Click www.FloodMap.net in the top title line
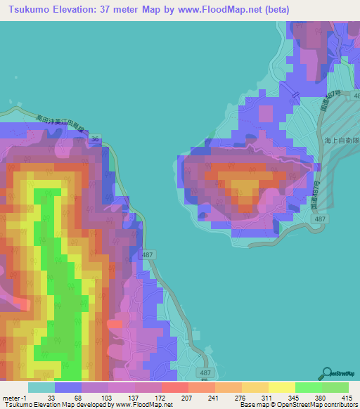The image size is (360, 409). pos(210,10)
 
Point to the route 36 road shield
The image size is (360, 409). pos(95,139)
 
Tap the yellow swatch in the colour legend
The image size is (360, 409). pos(281,387)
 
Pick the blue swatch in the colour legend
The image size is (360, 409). pos(68,387)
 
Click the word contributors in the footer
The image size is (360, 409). pos(340,404)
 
